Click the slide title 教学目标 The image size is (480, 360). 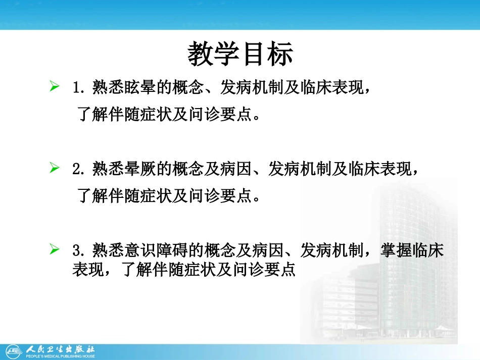tap(241, 55)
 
